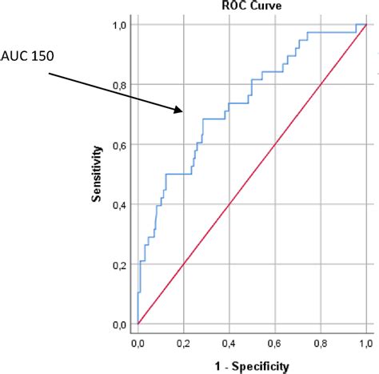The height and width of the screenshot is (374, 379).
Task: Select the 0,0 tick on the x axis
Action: [138, 343]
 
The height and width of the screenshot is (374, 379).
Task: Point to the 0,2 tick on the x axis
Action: [183, 343]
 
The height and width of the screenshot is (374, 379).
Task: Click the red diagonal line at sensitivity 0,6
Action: [274, 145]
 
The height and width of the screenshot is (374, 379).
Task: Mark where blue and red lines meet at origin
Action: [138, 324]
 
